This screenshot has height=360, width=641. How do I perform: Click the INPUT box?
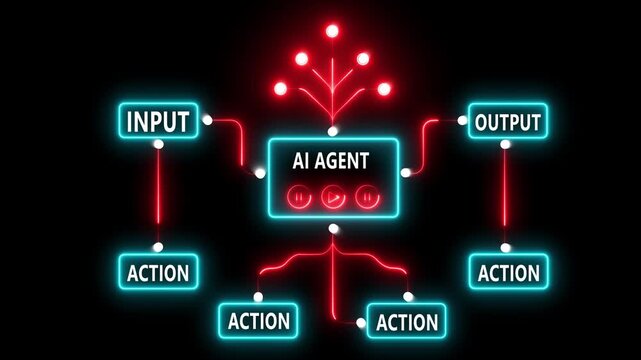[157, 122]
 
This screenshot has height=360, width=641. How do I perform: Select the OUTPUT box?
[507, 123]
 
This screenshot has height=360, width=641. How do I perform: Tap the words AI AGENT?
[330, 159]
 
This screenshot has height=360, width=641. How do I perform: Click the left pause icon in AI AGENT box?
[299, 197]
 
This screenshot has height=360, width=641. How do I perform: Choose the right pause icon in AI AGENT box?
[367, 197]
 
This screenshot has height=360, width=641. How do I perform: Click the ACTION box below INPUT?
[157, 270]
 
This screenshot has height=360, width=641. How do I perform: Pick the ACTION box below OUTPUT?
[508, 271]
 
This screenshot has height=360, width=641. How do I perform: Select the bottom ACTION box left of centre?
[258, 321]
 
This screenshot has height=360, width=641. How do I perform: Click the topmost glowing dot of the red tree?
[332, 31]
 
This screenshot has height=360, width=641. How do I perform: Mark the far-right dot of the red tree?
[384, 88]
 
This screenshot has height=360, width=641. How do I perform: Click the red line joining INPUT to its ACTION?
[157, 196]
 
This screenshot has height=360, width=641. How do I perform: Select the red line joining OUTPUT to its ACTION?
[506, 196]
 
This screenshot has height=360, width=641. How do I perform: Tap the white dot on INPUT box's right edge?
[208, 120]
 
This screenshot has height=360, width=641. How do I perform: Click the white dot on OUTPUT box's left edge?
[463, 121]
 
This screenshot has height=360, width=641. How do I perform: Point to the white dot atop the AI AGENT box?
[333, 131]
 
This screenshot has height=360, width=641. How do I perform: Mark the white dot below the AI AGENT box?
[333, 230]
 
